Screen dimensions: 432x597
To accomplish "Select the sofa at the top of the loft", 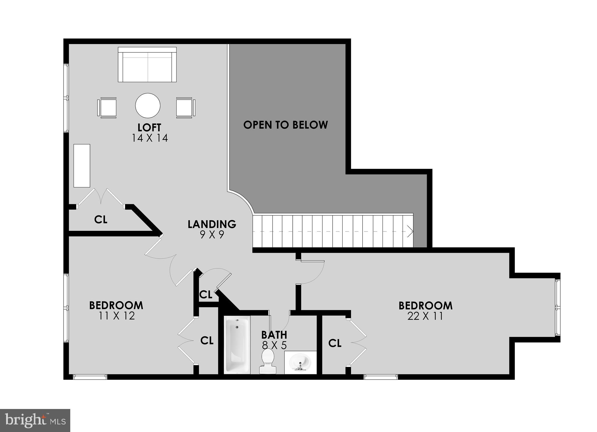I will tap(147, 65).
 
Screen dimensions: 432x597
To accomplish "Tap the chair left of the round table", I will tap(107, 108).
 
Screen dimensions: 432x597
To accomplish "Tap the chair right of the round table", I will tap(185, 108).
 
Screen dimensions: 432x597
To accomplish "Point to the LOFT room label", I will tap(150, 127).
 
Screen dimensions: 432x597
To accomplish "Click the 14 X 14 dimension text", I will tap(150, 138).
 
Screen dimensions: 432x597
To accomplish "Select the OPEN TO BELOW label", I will tap(285, 125).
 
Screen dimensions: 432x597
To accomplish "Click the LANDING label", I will tap(212, 224).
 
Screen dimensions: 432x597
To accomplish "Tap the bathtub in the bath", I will tap(237, 345).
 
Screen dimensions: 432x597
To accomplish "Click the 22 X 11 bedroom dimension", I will tap(425, 316).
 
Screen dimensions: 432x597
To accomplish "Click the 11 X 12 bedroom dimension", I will tap(117, 316).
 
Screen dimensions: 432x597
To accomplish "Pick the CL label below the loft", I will tap(101, 219).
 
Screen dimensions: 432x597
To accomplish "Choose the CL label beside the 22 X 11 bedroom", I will tap(335, 343).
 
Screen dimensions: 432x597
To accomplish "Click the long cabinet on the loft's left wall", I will tap(82, 165).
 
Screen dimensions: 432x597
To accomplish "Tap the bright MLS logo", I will tap(35, 420).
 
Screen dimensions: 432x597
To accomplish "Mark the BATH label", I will tap(274, 334).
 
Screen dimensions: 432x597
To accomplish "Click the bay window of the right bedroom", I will tap(557, 307).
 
